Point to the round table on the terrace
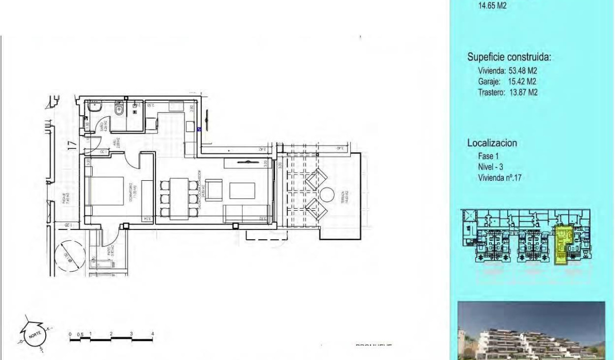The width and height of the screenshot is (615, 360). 327,195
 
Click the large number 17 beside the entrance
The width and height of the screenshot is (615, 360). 72,145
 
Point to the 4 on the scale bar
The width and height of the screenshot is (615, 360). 153,333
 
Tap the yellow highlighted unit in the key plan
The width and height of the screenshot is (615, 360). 563,243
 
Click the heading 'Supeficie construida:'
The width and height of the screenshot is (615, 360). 509,57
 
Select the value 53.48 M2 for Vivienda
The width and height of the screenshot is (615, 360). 520,71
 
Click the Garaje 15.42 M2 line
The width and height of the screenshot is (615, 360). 507,82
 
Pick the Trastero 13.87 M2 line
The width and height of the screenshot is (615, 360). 507,93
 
